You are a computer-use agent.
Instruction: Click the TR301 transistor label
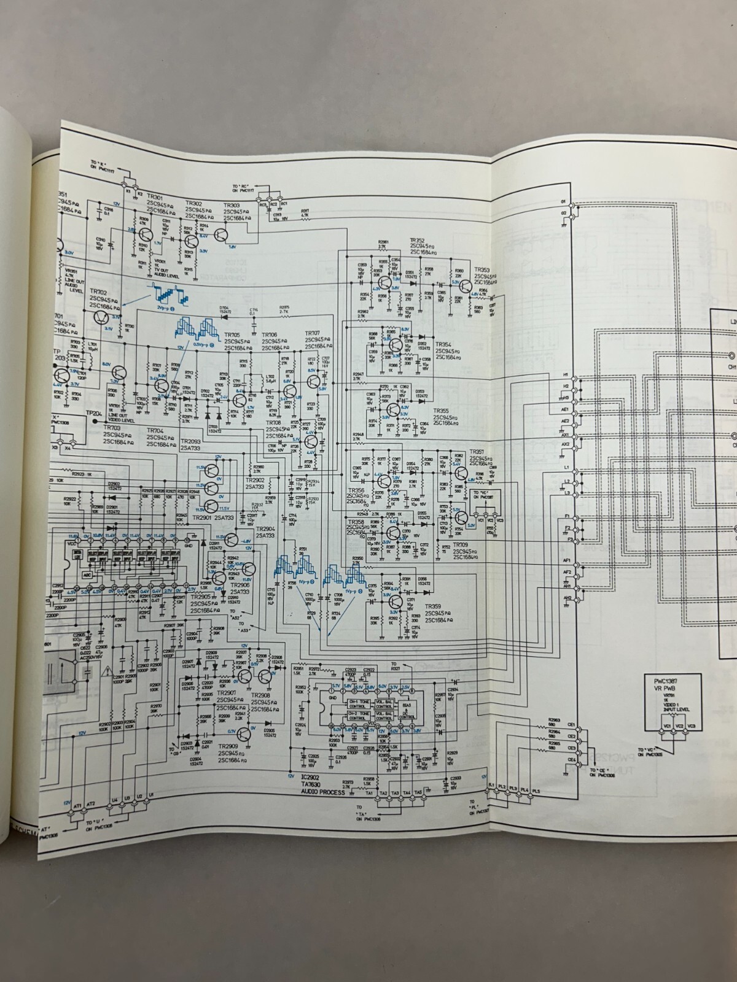(146, 196)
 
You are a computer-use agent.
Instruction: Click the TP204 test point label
(93, 414)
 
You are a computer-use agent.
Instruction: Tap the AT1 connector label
(78, 804)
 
